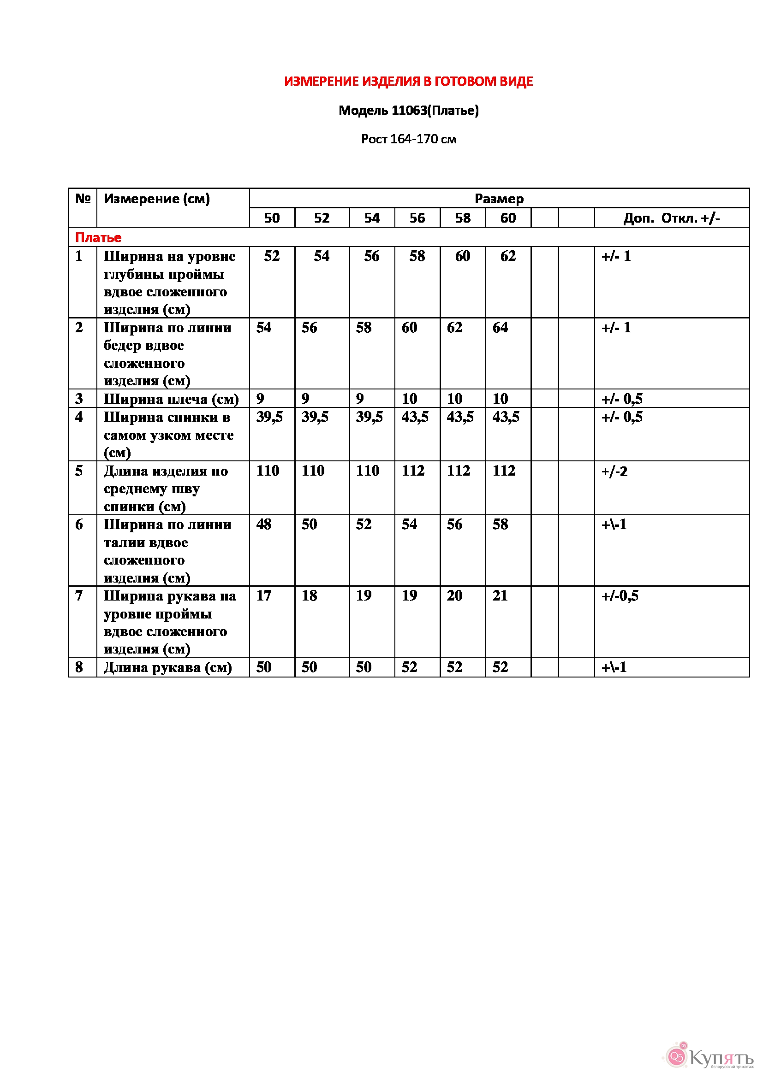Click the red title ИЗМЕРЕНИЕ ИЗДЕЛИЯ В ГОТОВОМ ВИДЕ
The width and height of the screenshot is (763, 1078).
tap(408, 82)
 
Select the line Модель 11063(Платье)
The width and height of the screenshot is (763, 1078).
tap(408, 110)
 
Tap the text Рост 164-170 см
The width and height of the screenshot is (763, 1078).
tap(408, 139)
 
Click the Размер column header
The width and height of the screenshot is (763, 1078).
tap(499, 199)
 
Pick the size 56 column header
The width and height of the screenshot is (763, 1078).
tap(417, 218)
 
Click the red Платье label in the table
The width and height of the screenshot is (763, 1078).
tap(98, 237)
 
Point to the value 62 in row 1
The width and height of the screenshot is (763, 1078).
tap(508, 256)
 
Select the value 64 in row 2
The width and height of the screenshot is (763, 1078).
tap(500, 327)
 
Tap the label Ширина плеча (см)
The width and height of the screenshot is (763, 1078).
tap(171, 399)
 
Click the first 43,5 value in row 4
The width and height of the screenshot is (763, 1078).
tap(414, 417)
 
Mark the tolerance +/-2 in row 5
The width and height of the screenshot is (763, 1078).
tap(614, 471)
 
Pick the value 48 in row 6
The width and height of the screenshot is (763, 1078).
tap(263, 524)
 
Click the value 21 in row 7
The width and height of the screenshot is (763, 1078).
tap(500, 595)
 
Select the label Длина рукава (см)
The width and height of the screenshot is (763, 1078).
tap(168, 667)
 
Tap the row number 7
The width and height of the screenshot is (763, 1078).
tap(79, 595)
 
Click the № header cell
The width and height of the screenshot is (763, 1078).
tap(83, 199)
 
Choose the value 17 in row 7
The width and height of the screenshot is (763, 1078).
tap(263, 595)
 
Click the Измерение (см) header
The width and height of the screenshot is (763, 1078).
tap(156, 199)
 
